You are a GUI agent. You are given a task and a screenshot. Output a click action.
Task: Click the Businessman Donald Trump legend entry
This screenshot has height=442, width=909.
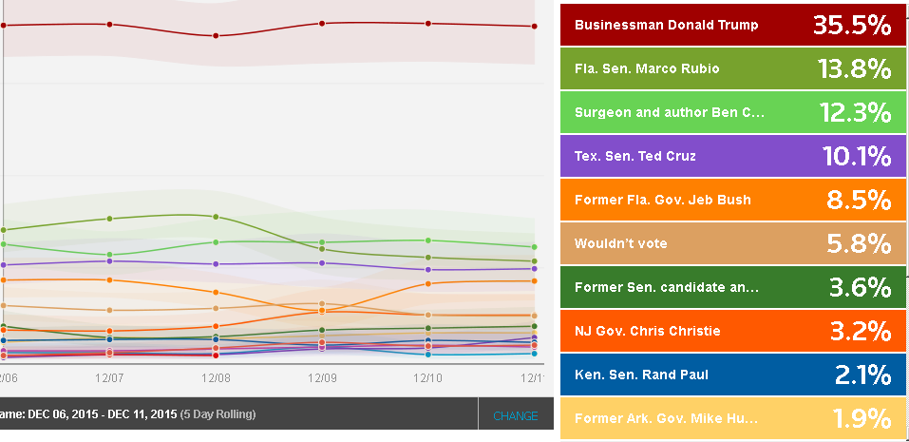(666, 25)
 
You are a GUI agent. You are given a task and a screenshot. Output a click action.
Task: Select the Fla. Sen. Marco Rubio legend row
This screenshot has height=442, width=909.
(647, 68)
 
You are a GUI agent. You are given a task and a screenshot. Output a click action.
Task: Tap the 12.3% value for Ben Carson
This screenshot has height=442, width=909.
(854, 112)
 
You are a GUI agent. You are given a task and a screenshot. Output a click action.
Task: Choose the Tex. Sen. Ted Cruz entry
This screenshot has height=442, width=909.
(634, 156)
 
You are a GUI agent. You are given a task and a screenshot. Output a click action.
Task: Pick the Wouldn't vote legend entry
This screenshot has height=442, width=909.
(621, 243)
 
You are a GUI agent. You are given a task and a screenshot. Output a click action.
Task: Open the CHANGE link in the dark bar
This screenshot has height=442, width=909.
(515, 416)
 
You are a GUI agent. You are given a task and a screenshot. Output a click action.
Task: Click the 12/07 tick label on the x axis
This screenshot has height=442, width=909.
(109, 378)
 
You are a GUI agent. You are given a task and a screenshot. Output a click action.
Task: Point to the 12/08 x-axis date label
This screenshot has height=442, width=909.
(216, 378)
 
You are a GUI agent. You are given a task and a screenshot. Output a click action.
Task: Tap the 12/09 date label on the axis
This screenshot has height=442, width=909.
(322, 378)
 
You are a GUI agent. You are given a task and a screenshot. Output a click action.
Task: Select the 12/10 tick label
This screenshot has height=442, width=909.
(428, 378)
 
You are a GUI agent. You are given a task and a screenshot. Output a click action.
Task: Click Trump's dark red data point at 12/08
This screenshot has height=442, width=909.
(216, 36)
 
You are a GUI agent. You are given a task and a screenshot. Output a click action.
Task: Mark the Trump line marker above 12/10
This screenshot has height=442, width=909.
(428, 24)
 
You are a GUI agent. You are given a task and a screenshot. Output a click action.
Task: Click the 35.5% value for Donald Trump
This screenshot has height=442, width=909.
(852, 25)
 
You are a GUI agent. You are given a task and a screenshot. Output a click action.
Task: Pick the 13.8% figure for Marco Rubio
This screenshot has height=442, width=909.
(854, 68)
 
